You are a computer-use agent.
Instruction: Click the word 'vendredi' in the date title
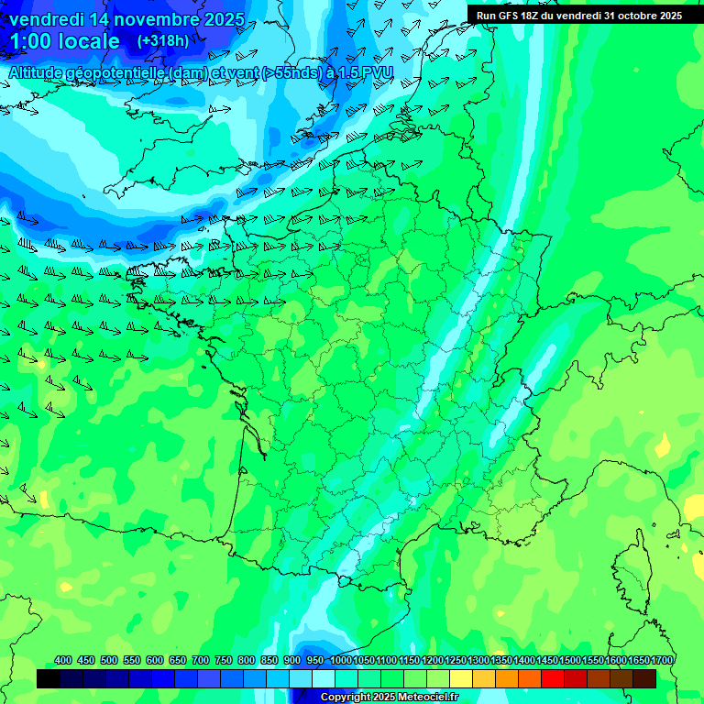point(45,19)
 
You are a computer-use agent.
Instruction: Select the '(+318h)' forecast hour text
point(163,41)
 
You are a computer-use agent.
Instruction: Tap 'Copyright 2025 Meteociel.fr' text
point(390,698)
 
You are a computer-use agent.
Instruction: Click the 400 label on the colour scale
point(63,660)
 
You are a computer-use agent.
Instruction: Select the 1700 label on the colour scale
point(661,660)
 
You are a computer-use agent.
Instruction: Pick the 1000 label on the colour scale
point(341,660)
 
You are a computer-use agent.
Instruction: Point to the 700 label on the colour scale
point(201,660)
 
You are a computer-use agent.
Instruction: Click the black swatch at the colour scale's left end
point(49,678)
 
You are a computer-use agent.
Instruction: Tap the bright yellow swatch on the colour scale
point(461,678)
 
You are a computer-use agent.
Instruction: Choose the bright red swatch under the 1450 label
point(553,678)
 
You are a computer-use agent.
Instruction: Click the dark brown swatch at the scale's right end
point(644,678)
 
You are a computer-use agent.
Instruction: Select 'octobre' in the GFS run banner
point(617,15)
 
